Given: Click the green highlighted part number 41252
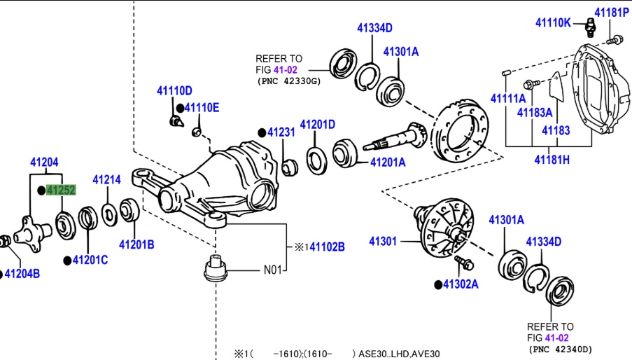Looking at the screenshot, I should click(x=61, y=191).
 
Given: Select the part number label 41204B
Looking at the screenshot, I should click(x=22, y=274).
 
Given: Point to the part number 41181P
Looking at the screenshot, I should click(x=612, y=12).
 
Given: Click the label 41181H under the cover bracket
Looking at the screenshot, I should click(x=552, y=160).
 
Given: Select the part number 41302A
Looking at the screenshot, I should click(x=461, y=284).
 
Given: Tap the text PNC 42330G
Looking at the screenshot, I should click(x=288, y=81).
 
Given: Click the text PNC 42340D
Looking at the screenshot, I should click(x=561, y=348).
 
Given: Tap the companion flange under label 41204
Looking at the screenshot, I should click(x=31, y=228).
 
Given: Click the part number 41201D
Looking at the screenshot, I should click(x=317, y=125).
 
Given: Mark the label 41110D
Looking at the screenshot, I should click(x=174, y=91).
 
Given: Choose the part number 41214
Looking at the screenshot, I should click(x=107, y=180).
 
